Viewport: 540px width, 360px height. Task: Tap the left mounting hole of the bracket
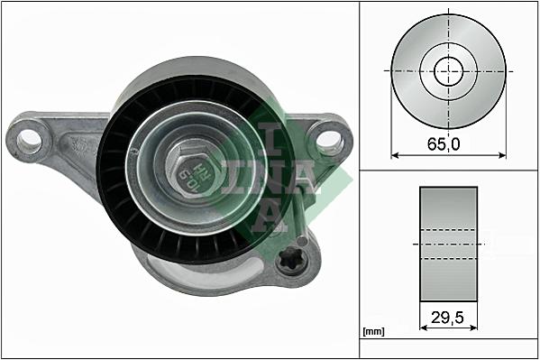point(30,139)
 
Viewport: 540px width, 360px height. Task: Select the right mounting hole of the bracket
point(329,139)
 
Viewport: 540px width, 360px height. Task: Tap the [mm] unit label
point(373,332)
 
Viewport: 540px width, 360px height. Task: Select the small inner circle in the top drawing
point(448,69)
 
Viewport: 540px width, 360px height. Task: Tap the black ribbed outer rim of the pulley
point(114,180)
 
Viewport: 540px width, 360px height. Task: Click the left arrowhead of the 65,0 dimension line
point(395,154)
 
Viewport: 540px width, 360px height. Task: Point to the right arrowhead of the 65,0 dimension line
point(502,154)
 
